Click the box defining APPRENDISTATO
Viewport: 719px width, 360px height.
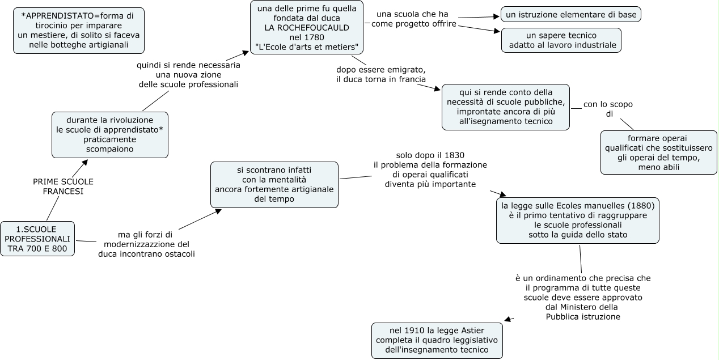coord(79,31)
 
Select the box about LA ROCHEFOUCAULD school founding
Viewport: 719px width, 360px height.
coord(307,27)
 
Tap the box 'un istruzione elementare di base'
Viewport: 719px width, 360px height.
coord(570,14)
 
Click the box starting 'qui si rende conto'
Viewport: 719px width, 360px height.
coord(505,107)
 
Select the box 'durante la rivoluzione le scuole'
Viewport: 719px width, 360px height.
coord(110,135)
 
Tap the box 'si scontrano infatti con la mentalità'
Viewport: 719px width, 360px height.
coord(274,185)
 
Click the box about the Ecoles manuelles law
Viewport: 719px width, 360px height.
coord(577,220)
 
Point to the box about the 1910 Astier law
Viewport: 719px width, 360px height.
coord(437,340)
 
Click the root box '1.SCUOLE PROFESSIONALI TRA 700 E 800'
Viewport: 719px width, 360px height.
coord(37,239)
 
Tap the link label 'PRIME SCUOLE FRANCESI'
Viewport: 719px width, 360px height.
coord(63,187)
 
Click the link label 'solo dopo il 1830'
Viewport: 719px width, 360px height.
coord(430,170)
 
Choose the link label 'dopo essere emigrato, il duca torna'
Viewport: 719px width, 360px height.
coord(380,74)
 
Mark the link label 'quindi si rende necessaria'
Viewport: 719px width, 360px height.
coord(188,74)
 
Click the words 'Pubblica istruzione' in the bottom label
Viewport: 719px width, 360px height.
coord(583,317)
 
